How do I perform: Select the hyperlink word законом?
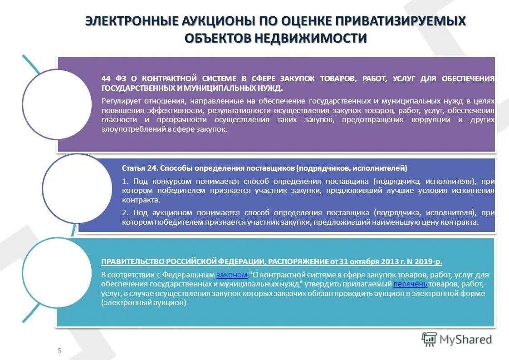(232, 275)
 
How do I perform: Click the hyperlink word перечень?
(410, 284)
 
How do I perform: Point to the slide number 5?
(59, 350)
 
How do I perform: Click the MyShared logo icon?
(429, 339)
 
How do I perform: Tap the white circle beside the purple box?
(57, 104)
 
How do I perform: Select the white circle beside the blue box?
(77, 188)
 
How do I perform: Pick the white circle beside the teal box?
(57, 272)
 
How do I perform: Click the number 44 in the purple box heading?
(106, 79)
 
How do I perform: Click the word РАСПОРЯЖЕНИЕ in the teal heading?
(298, 261)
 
